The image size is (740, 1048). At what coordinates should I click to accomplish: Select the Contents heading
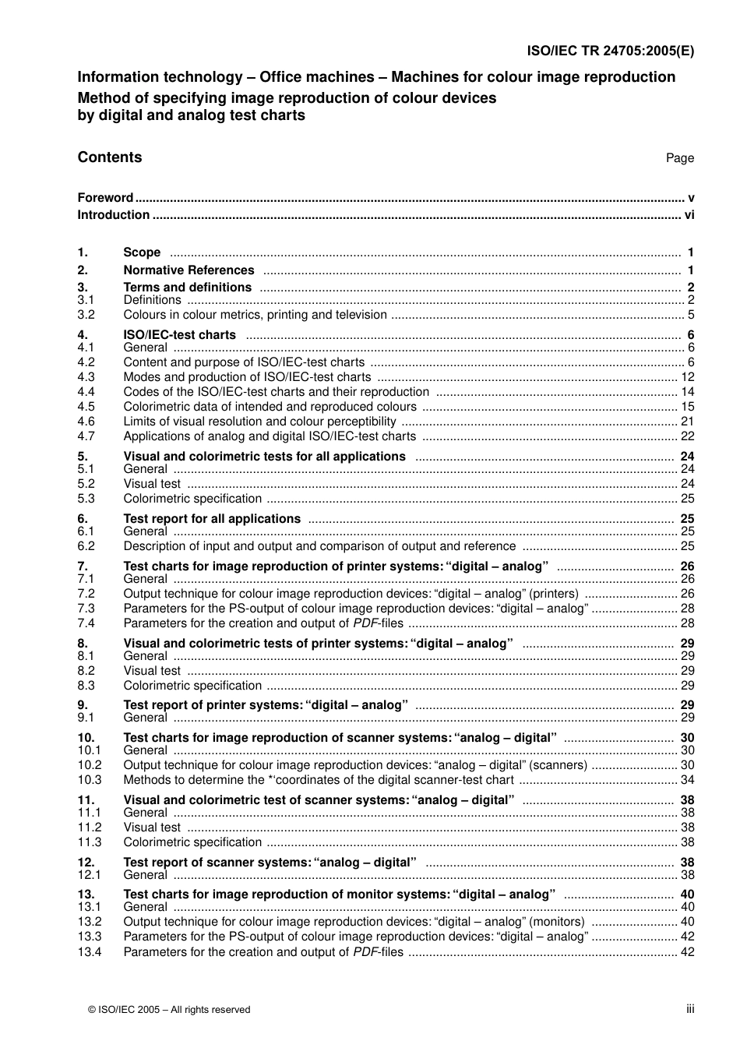tap(110, 157)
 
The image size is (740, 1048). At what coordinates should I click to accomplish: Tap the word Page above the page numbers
tap(679, 158)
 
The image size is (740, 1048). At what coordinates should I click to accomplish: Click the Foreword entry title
tap(105, 198)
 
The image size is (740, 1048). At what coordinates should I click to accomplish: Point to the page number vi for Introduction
tap(689, 215)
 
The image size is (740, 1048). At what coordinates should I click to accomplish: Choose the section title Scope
tap(142, 252)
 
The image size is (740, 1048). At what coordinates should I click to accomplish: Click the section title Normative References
tap(189, 270)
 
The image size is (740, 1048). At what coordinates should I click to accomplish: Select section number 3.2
tap(86, 315)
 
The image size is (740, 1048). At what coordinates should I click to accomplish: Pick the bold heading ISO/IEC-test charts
tap(179, 335)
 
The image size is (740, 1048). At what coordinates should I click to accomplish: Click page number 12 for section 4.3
tap(687, 377)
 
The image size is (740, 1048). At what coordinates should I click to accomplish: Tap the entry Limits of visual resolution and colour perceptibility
tap(259, 422)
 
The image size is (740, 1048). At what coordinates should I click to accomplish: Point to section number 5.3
tap(86, 499)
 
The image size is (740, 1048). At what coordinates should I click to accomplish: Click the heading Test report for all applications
tap(212, 519)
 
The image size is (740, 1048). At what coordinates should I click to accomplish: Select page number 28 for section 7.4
tap(687, 623)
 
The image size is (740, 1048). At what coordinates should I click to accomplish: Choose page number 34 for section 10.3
tap(687, 780)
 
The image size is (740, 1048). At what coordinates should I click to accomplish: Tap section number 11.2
tap(90, 827)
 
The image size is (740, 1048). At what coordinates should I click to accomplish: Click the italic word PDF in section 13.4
tap(365, 952)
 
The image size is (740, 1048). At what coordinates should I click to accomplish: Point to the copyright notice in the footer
tap(170, 1010)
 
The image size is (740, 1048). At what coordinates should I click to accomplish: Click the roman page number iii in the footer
tap(690, 1009)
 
